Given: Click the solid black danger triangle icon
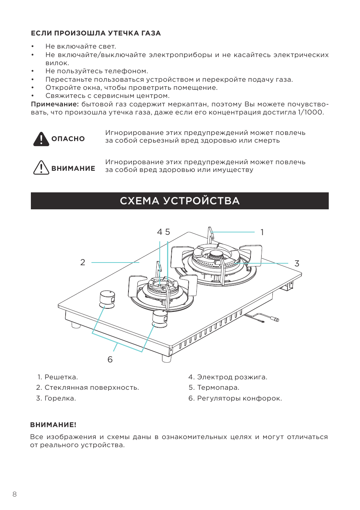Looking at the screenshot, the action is [41, 139].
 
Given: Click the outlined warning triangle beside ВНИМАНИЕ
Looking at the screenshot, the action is [41, 168].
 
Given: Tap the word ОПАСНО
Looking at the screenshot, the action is [68, 139].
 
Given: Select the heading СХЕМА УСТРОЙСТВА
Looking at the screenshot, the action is [180, 201].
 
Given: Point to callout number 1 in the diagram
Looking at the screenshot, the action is [262, 232].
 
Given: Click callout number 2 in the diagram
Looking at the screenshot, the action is [83, 262].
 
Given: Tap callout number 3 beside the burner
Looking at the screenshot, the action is [297, 263].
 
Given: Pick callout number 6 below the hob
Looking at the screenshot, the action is [110, 359].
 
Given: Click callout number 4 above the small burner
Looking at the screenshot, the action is [159, 232].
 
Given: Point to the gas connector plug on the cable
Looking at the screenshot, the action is [276, 320].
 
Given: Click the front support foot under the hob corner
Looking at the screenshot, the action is [167, 358].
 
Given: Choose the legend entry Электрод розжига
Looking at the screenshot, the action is [228, 377].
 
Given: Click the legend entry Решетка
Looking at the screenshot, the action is [58, 377].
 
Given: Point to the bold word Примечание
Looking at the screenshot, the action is [55, 104].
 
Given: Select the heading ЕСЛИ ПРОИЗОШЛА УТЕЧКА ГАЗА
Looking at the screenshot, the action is [96, 33].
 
